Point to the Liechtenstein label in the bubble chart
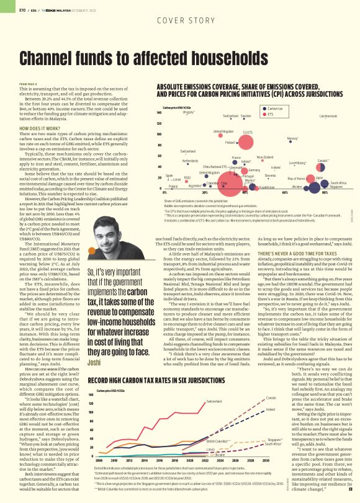tap(328, 116)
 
